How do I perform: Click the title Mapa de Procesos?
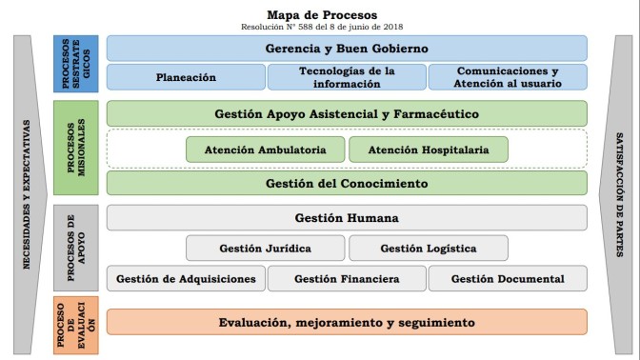point(321,14)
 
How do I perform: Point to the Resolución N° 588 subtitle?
point(321,27)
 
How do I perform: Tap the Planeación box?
point(186,77)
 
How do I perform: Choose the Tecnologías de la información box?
point(347,77)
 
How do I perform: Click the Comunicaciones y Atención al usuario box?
point(507,77)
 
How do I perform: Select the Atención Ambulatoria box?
point(265,150)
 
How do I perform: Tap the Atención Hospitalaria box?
point(428,150)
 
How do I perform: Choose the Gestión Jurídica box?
point(265,249)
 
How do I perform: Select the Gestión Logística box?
point(428,249)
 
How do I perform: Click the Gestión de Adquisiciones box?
point(186,279)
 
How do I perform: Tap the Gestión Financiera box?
point(347,279)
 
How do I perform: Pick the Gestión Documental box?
point(507,279)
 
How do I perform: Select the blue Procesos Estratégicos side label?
point(76,63)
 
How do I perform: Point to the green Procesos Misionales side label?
point(76,148)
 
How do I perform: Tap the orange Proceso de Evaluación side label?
point(76,323)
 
